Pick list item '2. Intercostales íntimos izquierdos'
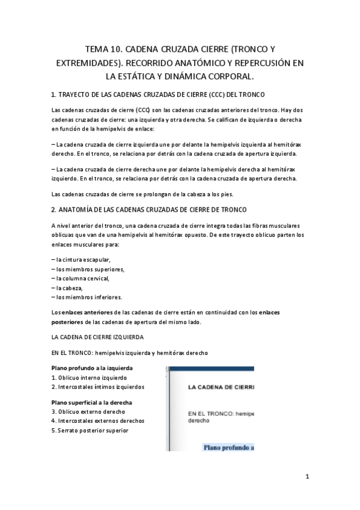[98, 387]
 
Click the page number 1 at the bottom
[307, 478]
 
